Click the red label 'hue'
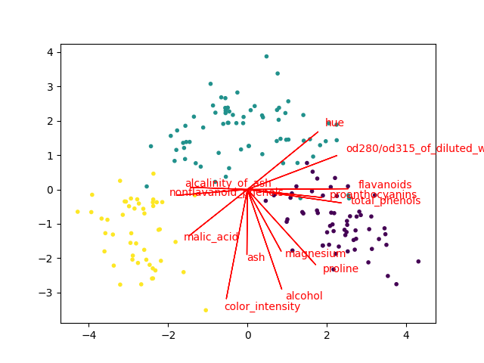coord(334,123)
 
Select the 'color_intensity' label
coord(262,306)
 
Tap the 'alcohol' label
coord(304,296)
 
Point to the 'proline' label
coord(340,268)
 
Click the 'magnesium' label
coord(315,253)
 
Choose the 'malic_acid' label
coord(211,237)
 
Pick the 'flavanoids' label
coord(385,185)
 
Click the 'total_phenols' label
coord(385,200)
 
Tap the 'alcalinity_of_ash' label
coord(228,183)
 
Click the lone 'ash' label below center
coord(256,257)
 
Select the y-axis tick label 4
coord(48,53)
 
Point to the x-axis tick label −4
coord(88,336)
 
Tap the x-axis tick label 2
coord(327,336)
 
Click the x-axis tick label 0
coord(247,336)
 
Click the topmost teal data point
coord(266,56)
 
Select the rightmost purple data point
coord(418,262)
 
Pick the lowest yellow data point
coord(206,310)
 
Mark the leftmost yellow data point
coord(77,212)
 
